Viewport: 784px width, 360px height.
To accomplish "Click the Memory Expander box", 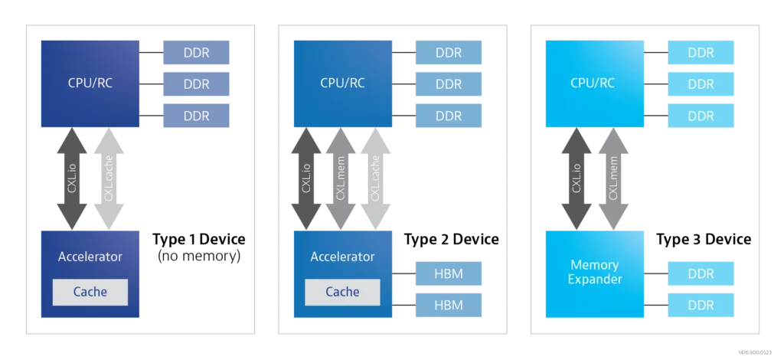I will (594, 272).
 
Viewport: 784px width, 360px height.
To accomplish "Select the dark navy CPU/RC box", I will (89, 83).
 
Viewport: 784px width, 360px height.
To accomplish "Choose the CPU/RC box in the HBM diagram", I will (342, 83).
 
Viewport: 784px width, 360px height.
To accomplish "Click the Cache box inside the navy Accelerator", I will (90, 292).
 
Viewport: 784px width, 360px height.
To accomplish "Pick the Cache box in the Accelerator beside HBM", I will (342, 292).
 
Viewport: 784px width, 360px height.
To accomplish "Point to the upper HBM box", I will (448, 273).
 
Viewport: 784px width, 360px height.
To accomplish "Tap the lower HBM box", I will (448, 305).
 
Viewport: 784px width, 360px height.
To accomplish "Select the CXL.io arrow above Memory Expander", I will (577, 179).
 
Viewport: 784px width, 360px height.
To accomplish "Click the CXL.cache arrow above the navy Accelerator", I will (108, 179).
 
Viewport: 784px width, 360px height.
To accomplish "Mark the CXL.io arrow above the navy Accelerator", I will (71, 179).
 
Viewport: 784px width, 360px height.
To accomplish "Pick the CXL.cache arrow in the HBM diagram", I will (375, 179).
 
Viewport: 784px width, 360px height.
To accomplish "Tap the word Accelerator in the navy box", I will (90, 257).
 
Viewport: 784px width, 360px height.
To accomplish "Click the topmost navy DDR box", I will (196, 53).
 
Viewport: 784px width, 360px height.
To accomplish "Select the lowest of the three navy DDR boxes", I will (196, 116).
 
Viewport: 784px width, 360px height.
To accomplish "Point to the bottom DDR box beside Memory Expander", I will (701, 305).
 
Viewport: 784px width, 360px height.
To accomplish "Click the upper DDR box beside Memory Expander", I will (701, 273).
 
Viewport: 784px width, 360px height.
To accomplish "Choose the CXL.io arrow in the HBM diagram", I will (305, 179).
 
